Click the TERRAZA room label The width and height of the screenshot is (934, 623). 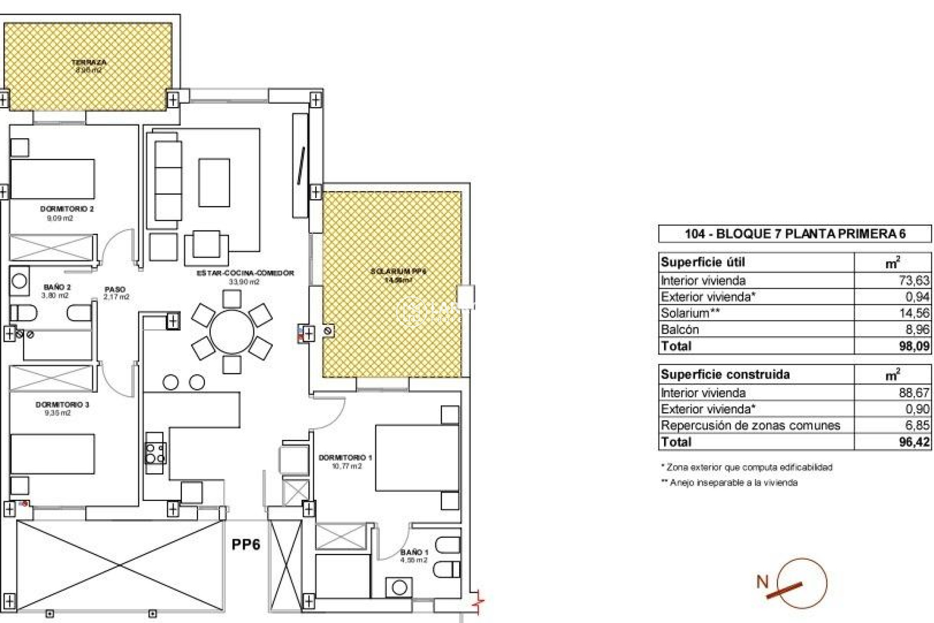89,63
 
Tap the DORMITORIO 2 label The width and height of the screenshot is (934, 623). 67,209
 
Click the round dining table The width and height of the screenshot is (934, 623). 232,332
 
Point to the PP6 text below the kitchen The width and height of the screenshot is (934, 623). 246,544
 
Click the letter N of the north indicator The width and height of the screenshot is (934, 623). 762,581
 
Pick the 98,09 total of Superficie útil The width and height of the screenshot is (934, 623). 914,346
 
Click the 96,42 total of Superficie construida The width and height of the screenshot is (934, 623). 914,442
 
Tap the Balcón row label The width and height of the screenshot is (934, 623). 680,330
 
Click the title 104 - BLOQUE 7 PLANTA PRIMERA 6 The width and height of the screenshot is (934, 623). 795,234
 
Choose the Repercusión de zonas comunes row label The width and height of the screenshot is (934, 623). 750,425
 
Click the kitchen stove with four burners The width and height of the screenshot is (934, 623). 155,453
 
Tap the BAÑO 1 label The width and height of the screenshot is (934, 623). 414,552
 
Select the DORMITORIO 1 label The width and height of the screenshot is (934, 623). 345,458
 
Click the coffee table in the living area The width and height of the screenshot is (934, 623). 214,183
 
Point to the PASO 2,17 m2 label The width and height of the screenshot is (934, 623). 116,293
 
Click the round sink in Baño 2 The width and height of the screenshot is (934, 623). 19,281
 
